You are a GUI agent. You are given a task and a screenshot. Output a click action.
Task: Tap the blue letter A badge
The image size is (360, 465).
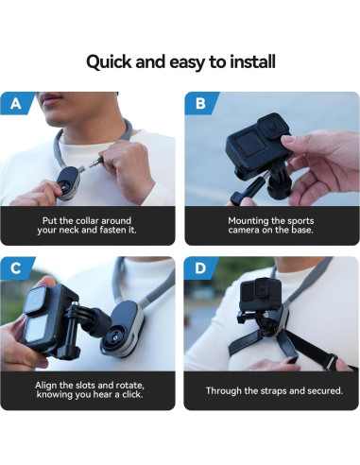pyautogui.click(x=17, y=103)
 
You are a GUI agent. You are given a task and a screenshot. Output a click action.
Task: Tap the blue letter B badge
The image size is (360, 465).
pyautogui.click(x=200, y=103)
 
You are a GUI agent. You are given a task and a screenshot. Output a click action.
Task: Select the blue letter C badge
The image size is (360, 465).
pyautogui.click(x=17, y=268)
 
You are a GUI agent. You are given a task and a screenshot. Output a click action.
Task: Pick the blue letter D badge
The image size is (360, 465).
pyautogui.click(x=200, y=268)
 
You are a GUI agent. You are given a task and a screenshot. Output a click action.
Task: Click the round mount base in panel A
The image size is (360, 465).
pyautogui.click(x=67, y=181)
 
